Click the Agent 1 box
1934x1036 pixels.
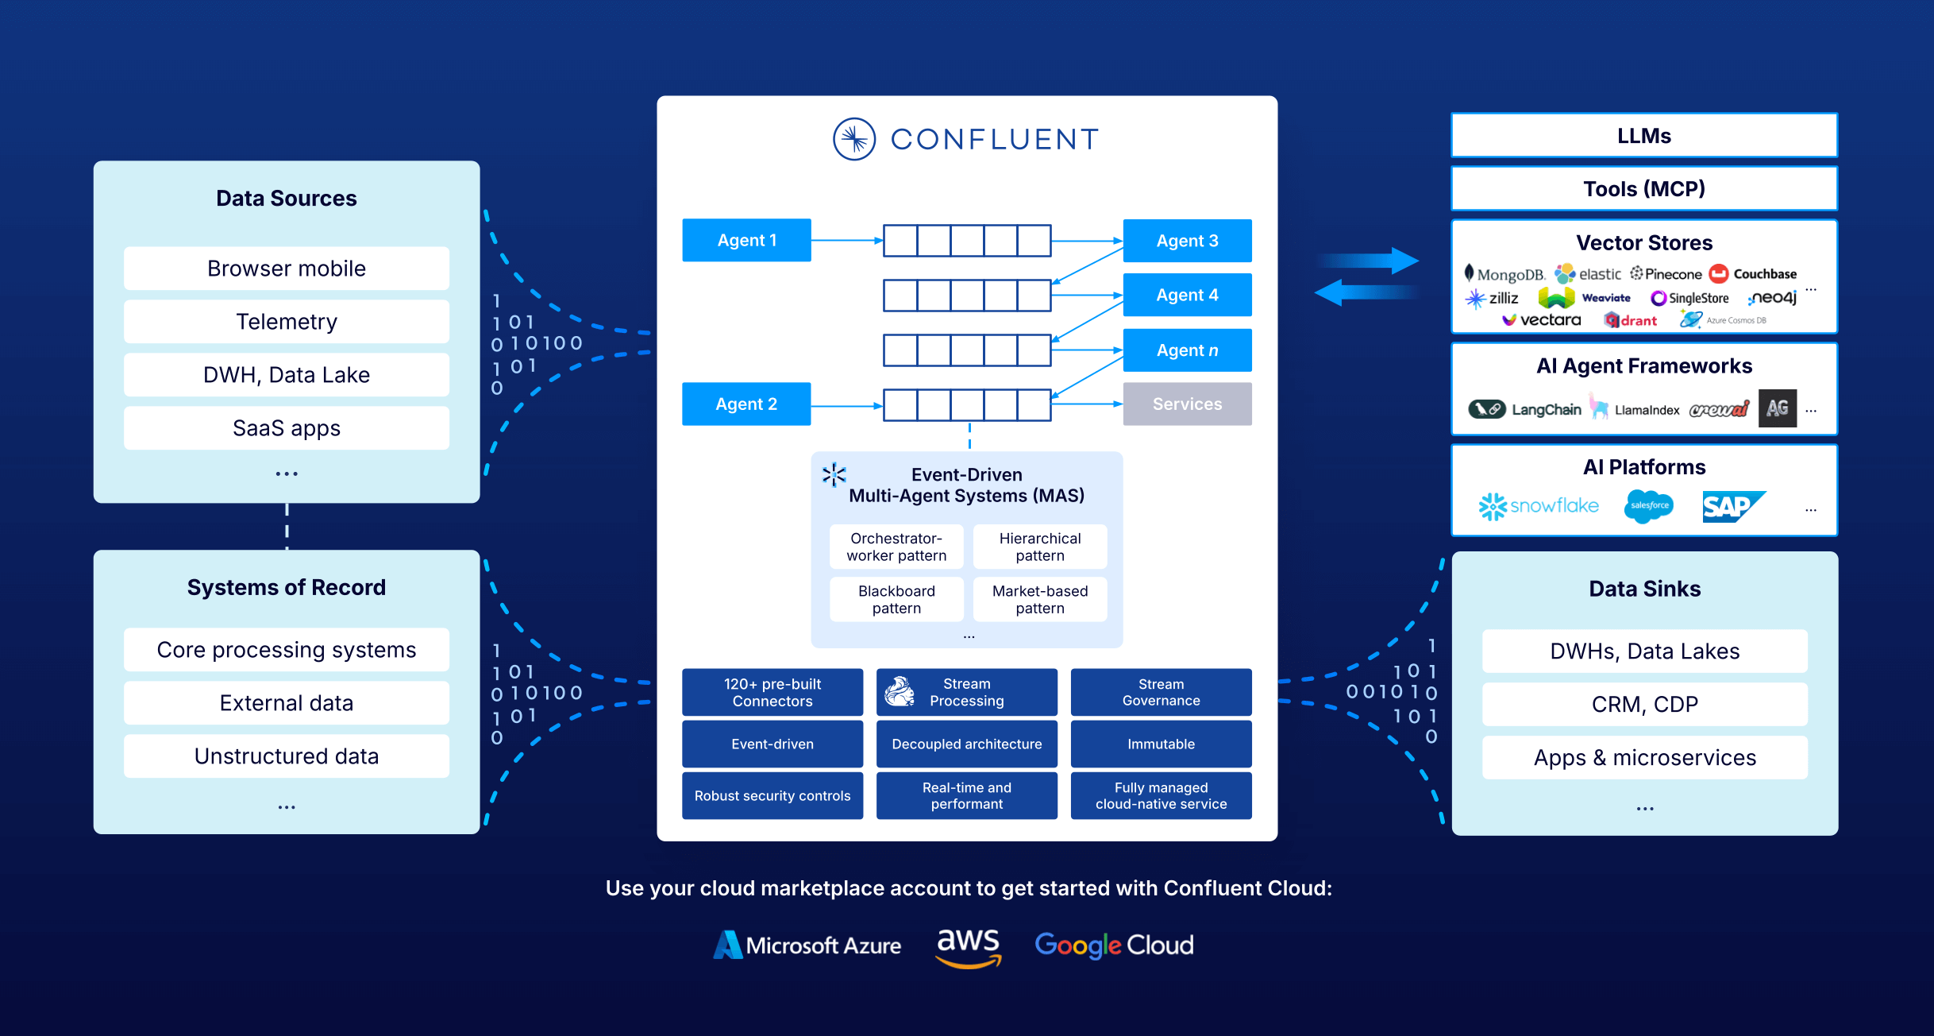[x=746, y=240]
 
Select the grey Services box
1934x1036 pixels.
[x=1187, y=404]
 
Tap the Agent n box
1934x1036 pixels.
[x=1187, y=350]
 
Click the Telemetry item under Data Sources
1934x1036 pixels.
[x=286, y=322]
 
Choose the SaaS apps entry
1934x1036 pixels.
[x=286, y=428]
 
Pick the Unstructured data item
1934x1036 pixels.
[x=286, y=756]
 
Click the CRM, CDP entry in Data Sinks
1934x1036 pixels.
[x=1644, y=705]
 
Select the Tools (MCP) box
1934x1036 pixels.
[x=1644, y=189]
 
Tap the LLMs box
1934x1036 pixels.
[x=1644, y=136]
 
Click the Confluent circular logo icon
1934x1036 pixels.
[x=854, y=140]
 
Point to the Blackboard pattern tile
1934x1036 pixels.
[x=896, y=600]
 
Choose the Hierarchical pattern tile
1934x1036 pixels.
[x=1040, y=547]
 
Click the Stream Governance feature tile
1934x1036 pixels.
[x=1161, y=692]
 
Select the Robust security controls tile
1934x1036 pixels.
[x=772, y=796]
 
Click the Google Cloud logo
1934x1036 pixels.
[x=1114, y=945]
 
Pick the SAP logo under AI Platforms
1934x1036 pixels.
[x=1732, y=507]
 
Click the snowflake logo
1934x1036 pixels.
[x=1539, y=506]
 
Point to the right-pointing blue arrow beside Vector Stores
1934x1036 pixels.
[x=1369, y=261]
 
